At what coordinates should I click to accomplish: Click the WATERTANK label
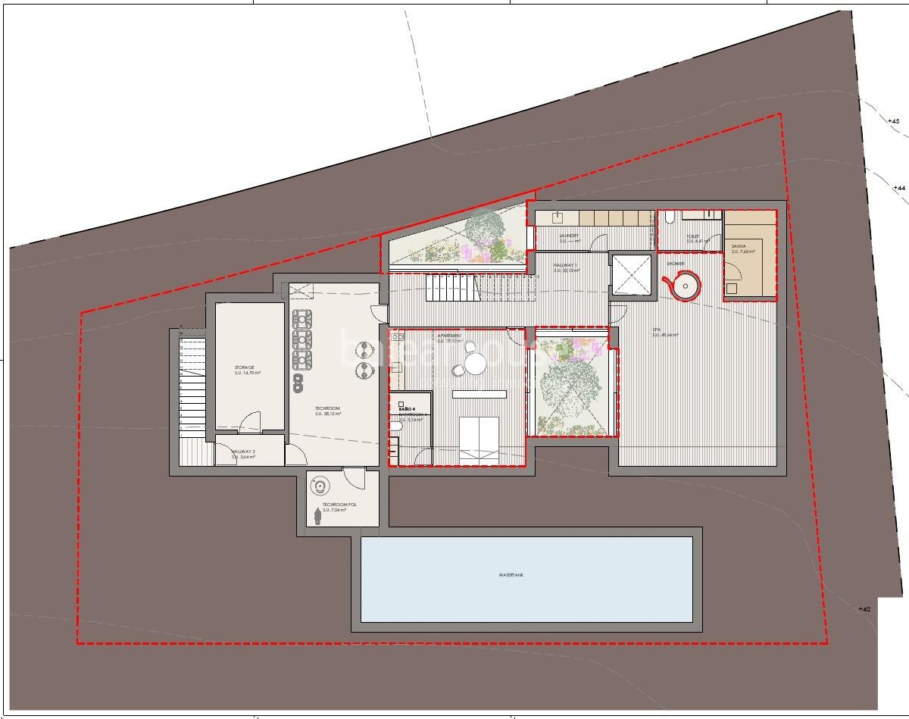click(x=511, y=575)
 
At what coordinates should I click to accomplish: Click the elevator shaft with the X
click(x=630, y=274)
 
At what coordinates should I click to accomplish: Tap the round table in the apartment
click(x=475, y=365)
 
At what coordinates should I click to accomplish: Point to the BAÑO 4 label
click(x=408, y=408)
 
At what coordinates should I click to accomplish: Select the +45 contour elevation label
click(x=893, y=121)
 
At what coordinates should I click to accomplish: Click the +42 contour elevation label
click(x=864, y=609)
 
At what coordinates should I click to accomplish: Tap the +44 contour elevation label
click(x=898, y=187)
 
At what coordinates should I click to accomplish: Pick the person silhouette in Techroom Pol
click(x=317, y=516)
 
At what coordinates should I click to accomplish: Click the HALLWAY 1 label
click(x=566, y=267)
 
